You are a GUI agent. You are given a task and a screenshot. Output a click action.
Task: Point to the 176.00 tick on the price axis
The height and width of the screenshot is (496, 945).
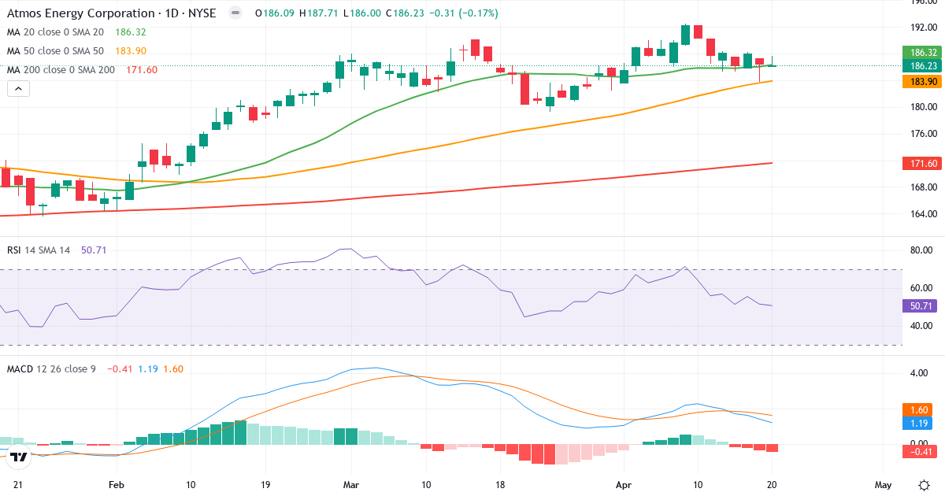[x=922, y=134]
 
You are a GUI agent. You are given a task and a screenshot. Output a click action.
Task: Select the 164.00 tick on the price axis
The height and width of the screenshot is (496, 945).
[x=922, y=214]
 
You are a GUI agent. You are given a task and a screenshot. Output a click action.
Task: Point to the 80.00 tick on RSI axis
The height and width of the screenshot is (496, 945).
[x=921, y=251]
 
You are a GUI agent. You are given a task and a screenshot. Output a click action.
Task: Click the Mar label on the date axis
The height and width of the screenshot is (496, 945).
[x=350, y=484]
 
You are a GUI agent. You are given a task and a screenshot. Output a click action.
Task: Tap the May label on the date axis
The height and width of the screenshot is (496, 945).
[x=883, y=484]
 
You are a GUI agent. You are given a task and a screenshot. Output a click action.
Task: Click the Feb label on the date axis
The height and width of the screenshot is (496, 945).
[x=117, y=484]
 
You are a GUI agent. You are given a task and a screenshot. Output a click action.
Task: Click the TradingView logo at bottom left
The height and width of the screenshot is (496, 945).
[x=20, y=456]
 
